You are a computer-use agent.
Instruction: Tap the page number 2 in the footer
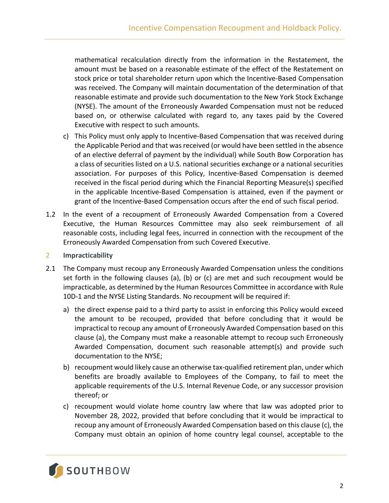(x=341, y=486)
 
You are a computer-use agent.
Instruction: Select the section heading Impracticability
(x=88, y=255)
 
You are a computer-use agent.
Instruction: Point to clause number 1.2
(x=51, y=214)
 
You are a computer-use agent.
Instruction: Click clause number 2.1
(x=51, y=269)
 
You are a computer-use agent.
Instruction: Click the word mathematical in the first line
(x=96, y=60)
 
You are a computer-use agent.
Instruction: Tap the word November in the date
(x=90, y=416)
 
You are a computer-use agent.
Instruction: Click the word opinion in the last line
(x=166, y=434)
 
